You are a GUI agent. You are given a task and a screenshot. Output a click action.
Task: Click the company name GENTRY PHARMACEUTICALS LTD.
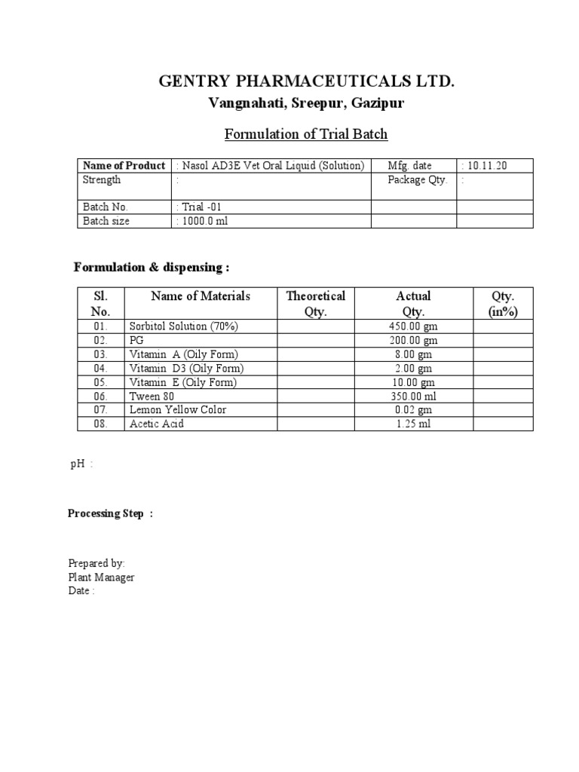pyautogui.click(x=307, y=81)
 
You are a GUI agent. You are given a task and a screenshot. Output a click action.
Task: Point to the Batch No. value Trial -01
pyautogui.click(x=199, y=207)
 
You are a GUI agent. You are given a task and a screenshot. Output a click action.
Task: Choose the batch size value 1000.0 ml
pyautogui.click(x=201, y=221)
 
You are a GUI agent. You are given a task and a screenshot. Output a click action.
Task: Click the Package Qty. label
pyautogui.click(x=417, y=180)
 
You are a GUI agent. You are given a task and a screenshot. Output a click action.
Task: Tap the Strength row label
pyautogui.click(x=102, y=180)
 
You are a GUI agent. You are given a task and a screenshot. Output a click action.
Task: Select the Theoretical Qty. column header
pyautogui.click(x=315, y=303)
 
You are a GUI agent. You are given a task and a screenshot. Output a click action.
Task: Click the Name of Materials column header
pyautogui.click(x=201, y=296)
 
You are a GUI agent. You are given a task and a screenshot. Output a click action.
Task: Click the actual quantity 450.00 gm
pyautogui.click(x=412, y=326)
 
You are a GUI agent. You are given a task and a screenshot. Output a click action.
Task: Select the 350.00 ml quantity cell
pyautogui.click(x=412, y=396)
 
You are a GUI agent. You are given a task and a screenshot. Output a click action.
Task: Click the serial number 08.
pyautogui.click(x=100, y=424)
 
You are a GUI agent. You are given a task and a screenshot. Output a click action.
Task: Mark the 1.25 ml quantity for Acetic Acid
pyautogui.click(x=412, y=424)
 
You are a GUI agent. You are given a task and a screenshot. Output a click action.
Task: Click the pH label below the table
pyautogui.click(x=78, y=464)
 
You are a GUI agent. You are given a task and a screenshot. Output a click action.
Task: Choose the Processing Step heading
pyautogui.click(x=110, y=513)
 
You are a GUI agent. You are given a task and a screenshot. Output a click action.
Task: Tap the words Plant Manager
pyautogui.click(x=101, y=577)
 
